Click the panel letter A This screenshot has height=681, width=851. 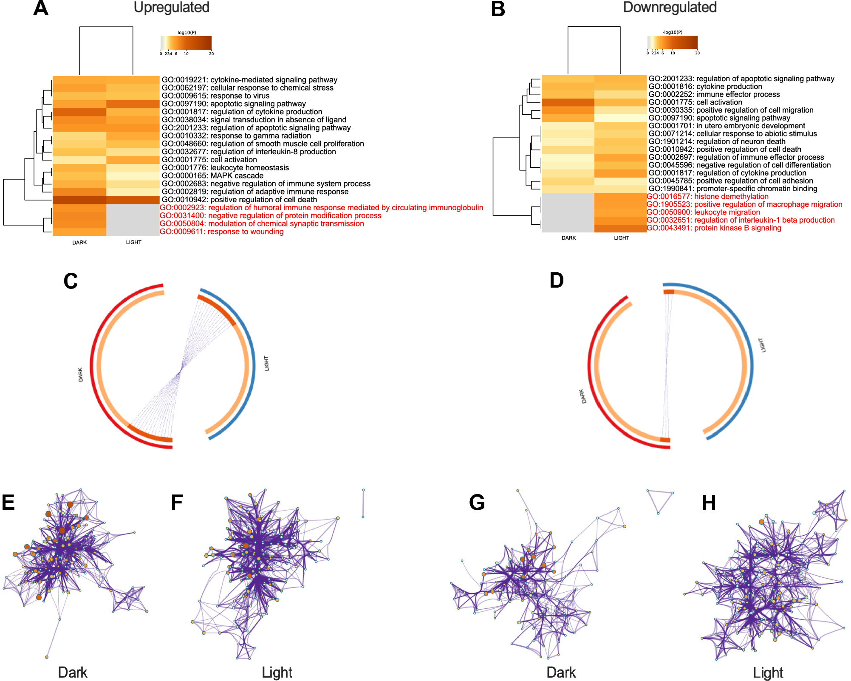[x=41, y=8]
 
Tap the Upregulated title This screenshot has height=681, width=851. [x=171, y=7]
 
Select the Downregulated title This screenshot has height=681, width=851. [x=670, y=7]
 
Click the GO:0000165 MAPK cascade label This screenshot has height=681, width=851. [x=212, y=176]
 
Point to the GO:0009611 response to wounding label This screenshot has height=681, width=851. [x=221, y=232]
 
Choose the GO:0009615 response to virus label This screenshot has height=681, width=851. [x=215, y=96]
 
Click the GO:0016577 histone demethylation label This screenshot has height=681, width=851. [x=707, y=197]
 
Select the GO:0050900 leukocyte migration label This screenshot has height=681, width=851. [x=703, y=212]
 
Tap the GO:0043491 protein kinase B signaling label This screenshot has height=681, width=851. [x=714, y=228]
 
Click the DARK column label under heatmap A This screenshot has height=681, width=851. [x=79, y=243]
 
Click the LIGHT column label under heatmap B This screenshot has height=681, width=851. [x=621, y=238]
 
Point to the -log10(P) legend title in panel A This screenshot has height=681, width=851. [x=186, y=33]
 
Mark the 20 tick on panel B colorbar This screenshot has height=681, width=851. [x=697, y=53]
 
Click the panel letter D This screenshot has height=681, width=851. [x=557, y=281]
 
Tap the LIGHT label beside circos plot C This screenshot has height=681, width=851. [x=266, y=364]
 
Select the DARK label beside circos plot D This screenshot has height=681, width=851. [x=583, y=396]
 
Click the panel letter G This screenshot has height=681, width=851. [x=477, y=503]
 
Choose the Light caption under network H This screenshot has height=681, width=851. [x=768, y=673]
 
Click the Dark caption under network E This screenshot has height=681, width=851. [x=73, y=673]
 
